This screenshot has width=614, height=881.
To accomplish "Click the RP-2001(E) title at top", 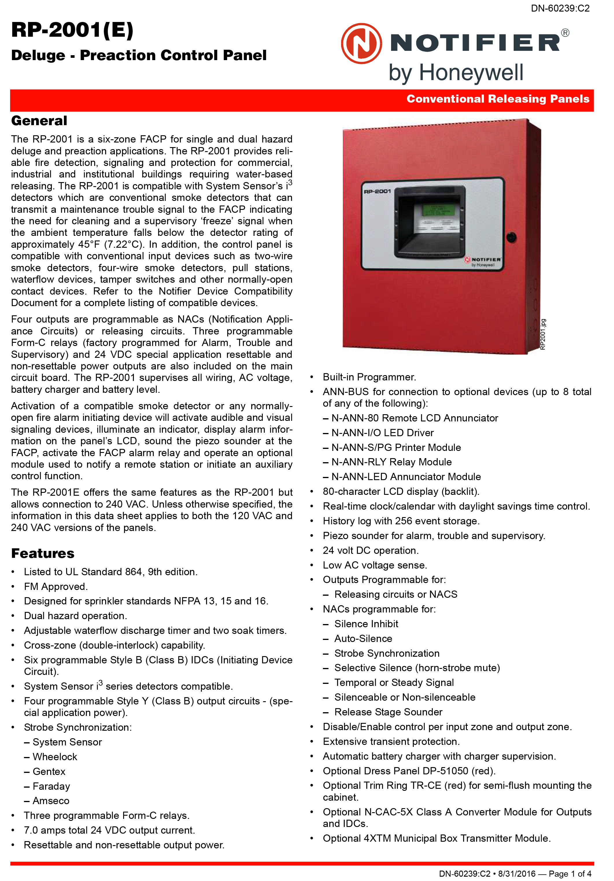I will tap(72, 30).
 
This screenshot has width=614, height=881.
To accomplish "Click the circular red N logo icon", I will tap(361, 43).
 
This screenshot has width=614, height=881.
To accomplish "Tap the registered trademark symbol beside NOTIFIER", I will tap(565, 33).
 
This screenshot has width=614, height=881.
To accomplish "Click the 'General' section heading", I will tap(39, 121).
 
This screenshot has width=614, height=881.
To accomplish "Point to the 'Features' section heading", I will tap(42, 553).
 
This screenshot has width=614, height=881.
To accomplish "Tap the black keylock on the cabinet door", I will tap(511, 237).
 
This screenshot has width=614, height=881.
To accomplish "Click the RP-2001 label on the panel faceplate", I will tap(377, 191).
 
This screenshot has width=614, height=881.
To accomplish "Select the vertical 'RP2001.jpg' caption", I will tap(543, 334).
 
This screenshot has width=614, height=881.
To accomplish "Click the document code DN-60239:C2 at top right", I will tap(560, 8).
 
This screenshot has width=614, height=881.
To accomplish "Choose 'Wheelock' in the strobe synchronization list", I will tap(55, 757).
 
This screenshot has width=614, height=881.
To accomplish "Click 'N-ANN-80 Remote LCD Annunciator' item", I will tap(415, 418).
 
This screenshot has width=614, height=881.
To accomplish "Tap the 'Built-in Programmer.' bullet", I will tap(369, 377).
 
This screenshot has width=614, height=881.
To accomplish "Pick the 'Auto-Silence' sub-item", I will tap(363, 638).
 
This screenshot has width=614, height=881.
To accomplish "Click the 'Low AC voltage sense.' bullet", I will tap(375, 565).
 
